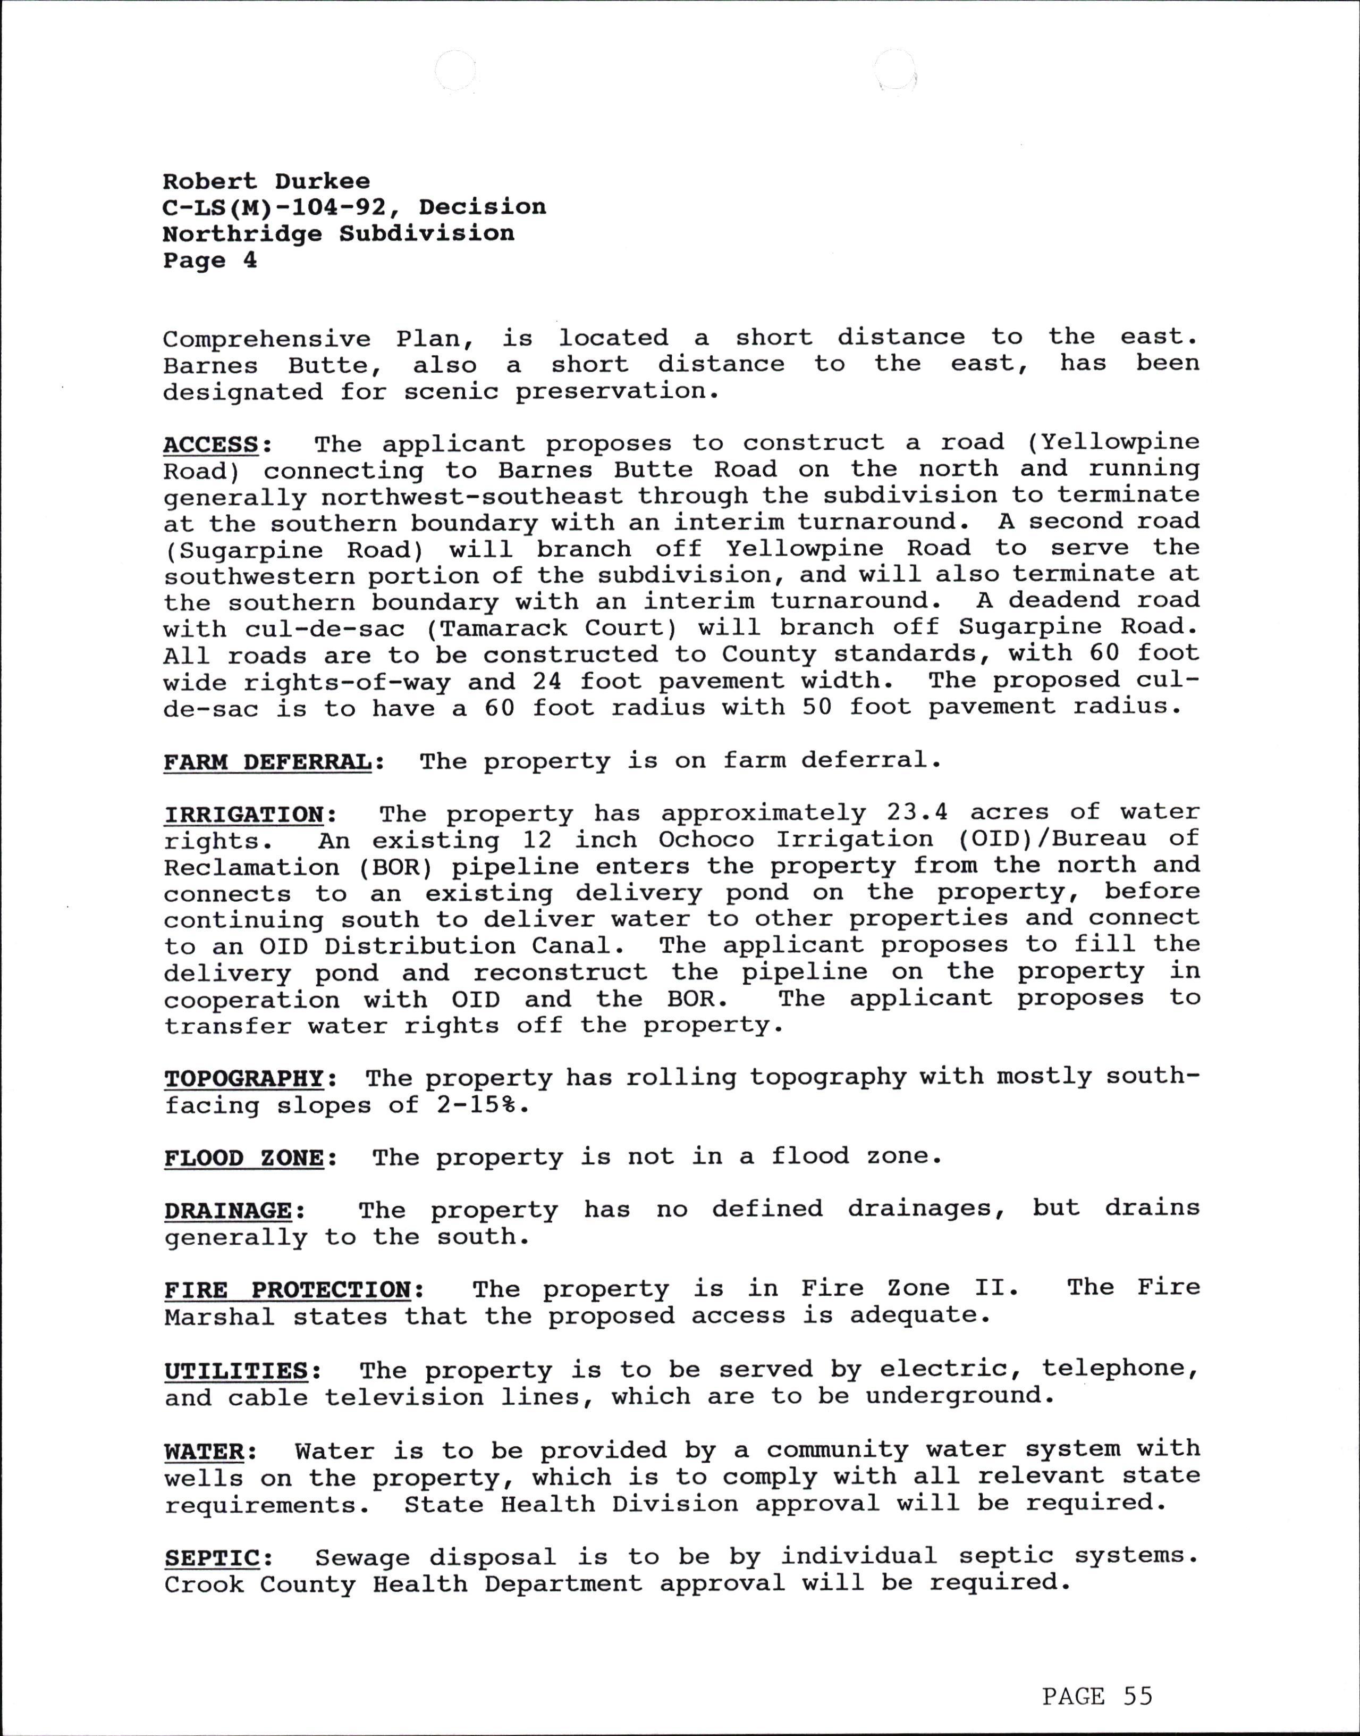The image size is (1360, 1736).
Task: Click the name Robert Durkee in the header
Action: [x=266, y=182]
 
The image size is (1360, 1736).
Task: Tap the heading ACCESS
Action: [x=211, y=444]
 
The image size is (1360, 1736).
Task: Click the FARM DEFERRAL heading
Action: [x=267, y=761]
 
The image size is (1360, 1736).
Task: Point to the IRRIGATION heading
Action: [x=243, y=815]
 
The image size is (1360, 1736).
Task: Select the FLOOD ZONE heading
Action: [x=243, y=1158]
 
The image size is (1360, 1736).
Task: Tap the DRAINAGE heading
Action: [x=229, y=1211]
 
